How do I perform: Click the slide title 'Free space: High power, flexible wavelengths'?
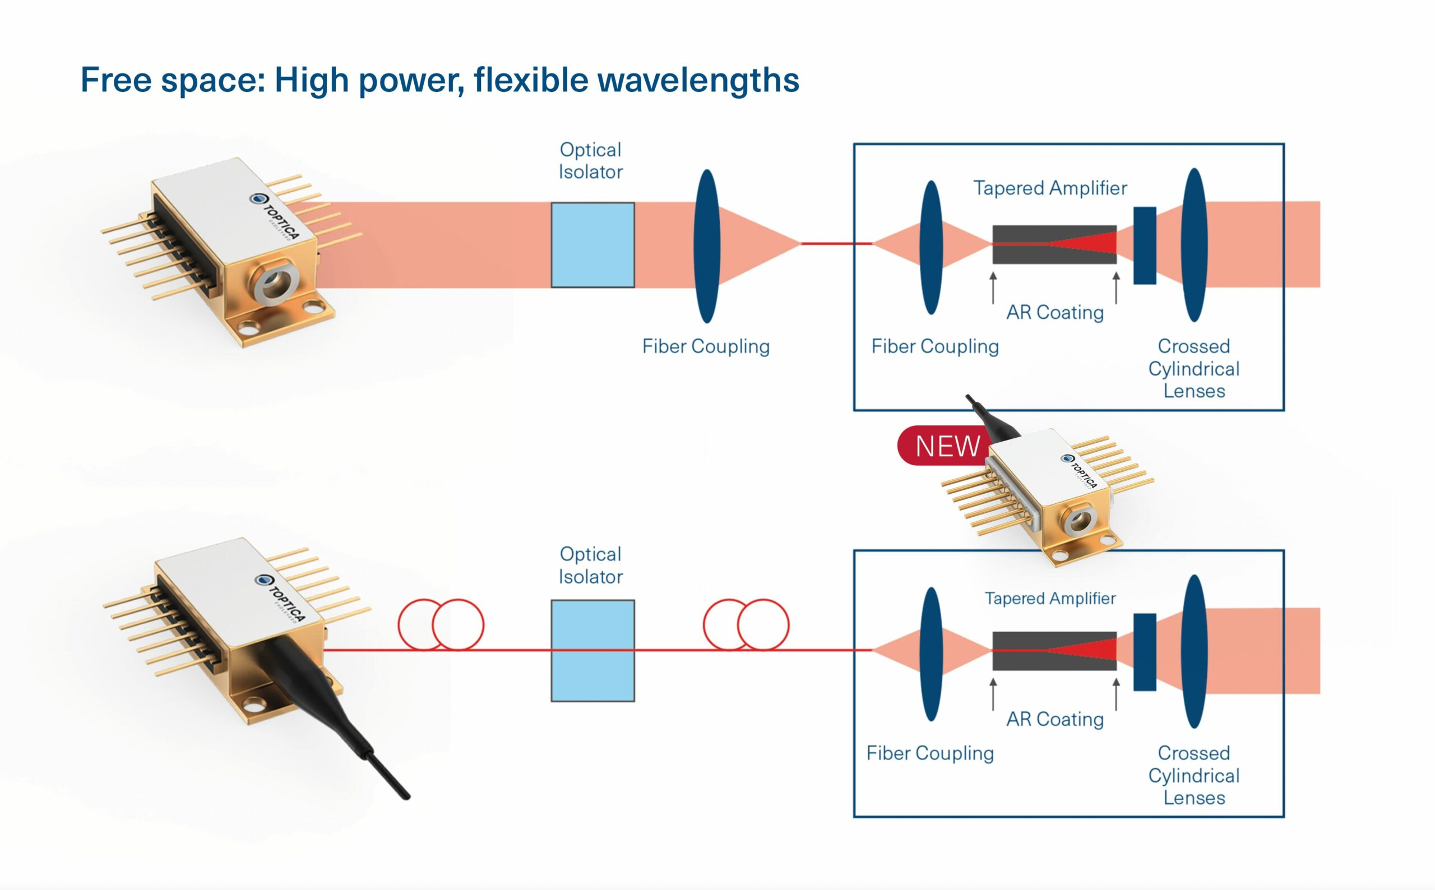click(439, 80)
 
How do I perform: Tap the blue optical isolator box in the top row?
click(592, 245)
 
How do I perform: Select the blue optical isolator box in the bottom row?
click(592, 651)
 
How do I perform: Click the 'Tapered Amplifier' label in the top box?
click(1050, 188)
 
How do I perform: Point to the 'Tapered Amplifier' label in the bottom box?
click(1050, 598)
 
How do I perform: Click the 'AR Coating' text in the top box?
click(1055, 312)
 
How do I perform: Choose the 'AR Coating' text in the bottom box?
click(1055, 719)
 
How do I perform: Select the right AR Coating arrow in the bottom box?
click(1116, 694)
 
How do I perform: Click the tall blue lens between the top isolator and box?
click(707, 246)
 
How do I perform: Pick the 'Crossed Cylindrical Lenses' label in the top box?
click(1193, 368)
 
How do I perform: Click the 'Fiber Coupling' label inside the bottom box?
click(930, 753)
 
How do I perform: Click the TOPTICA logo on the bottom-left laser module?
click(281, 596)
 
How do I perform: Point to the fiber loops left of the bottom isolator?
click(441, 624)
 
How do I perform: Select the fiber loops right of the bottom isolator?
click(746, 624)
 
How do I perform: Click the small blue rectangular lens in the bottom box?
click(1145, 652)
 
